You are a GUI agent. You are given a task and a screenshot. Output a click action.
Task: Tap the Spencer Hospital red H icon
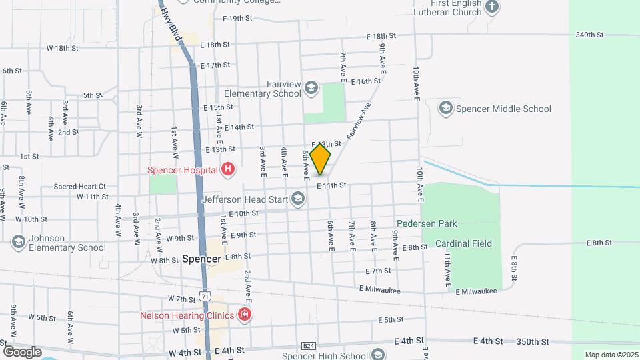coord(228,169)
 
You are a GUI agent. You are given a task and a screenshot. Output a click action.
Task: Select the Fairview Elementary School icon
coord(310,88)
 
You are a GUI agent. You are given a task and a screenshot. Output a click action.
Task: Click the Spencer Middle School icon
coord(446,108)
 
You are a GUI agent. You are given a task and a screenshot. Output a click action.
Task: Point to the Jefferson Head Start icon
coord(298,198)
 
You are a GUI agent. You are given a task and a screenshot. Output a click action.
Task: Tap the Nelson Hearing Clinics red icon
coord(244,315)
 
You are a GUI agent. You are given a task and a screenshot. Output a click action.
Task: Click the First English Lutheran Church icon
coord(491,7)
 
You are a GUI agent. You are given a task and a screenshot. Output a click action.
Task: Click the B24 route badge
coord(308,346)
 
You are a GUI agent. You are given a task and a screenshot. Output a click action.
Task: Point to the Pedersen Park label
coord(427,223)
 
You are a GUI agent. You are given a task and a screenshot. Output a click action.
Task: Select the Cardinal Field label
coord(463,243)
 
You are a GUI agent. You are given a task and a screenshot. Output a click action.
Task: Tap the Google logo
coord(23,351)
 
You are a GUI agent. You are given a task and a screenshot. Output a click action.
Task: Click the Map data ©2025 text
coord(611,355)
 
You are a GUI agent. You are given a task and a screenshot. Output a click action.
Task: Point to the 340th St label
coord(589,35)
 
